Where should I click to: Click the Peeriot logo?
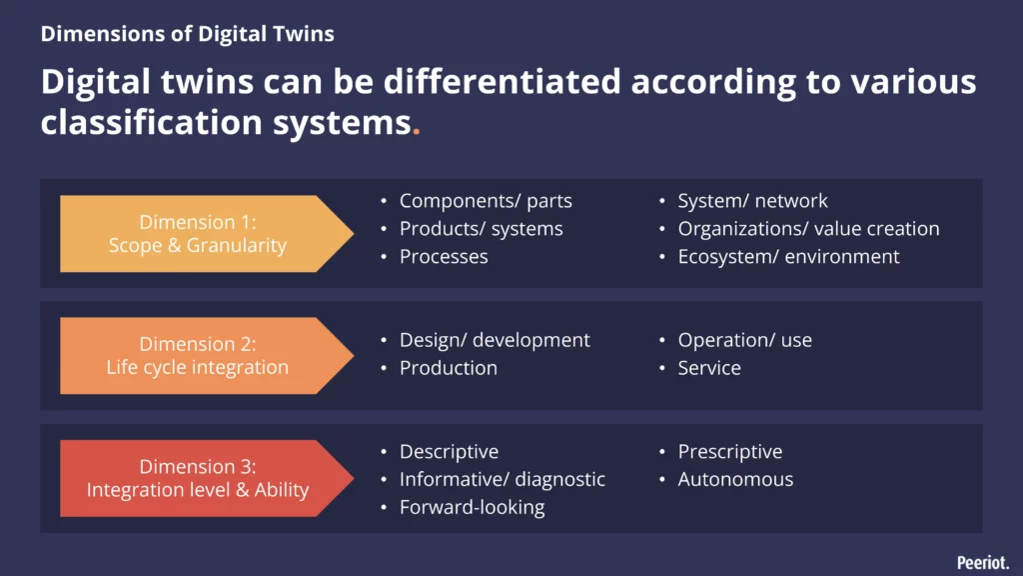coord(982,562)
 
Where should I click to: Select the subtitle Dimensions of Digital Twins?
coord(188,34)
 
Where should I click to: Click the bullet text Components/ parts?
coord(486,201)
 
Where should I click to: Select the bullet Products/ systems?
coord(481,229)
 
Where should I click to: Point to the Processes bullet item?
coord(444,257)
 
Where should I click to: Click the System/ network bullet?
coord(752,201)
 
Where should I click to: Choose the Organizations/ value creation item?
coord(808,229)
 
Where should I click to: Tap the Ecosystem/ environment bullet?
coord(788,257)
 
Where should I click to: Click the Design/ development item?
coord(495,340)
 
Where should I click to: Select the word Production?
coord(448,368)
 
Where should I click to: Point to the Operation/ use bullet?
coord(744,340)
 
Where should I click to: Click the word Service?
coord(709,368)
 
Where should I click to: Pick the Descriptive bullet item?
coord(449,452)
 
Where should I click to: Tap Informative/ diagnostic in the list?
coord(502,480)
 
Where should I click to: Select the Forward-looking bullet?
coord(472,507)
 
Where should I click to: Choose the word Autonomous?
coord(735,480)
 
